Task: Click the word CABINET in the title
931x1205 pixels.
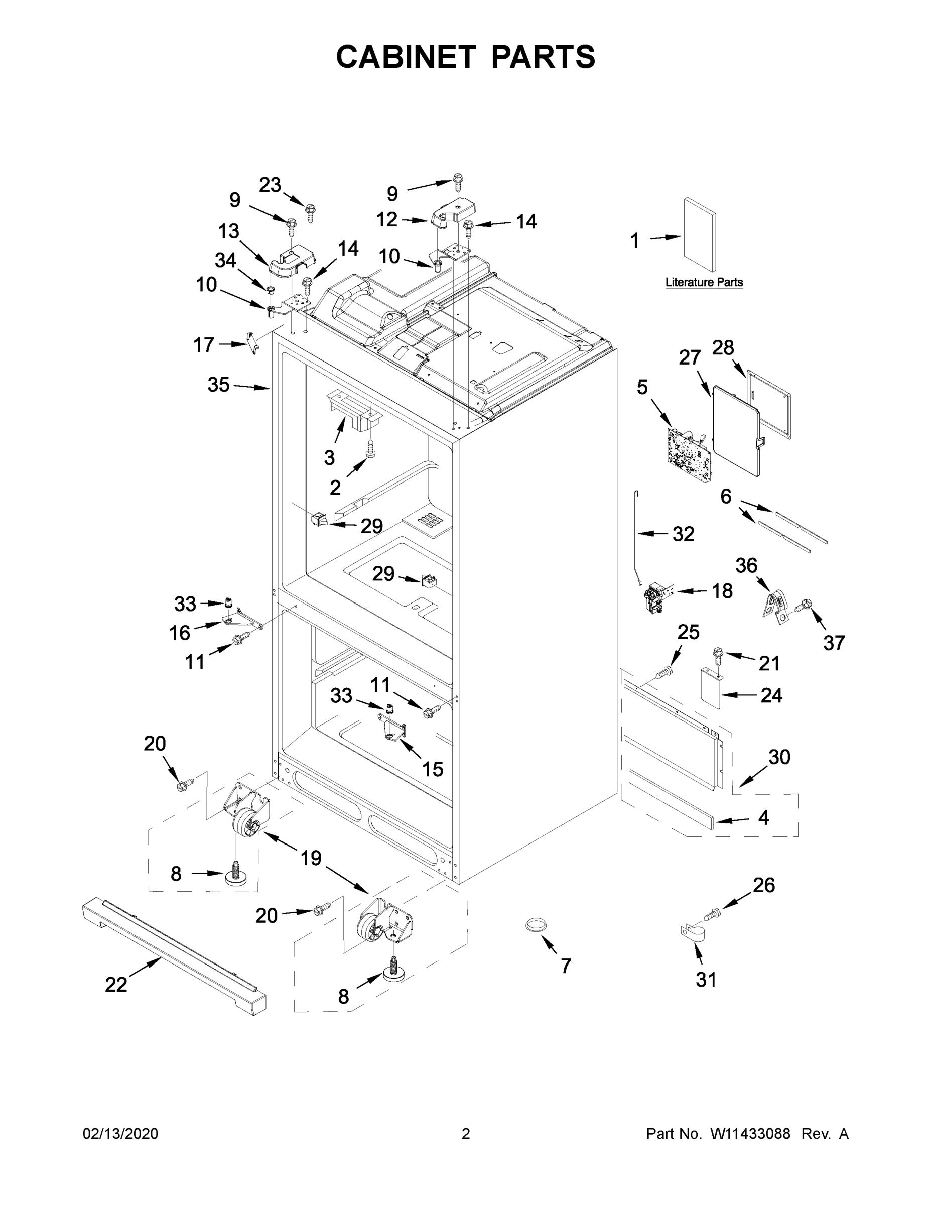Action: tap(406, 57)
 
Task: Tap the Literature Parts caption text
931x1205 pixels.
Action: tap(704, 283)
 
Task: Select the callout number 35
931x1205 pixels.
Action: tap(218, 385)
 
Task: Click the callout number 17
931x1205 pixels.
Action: tap(204, 345)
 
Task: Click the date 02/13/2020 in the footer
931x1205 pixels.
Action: tap(120, 1133)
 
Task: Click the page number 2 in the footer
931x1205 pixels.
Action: tap(466, 1133)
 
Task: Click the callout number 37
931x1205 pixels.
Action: tap(833, 643)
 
